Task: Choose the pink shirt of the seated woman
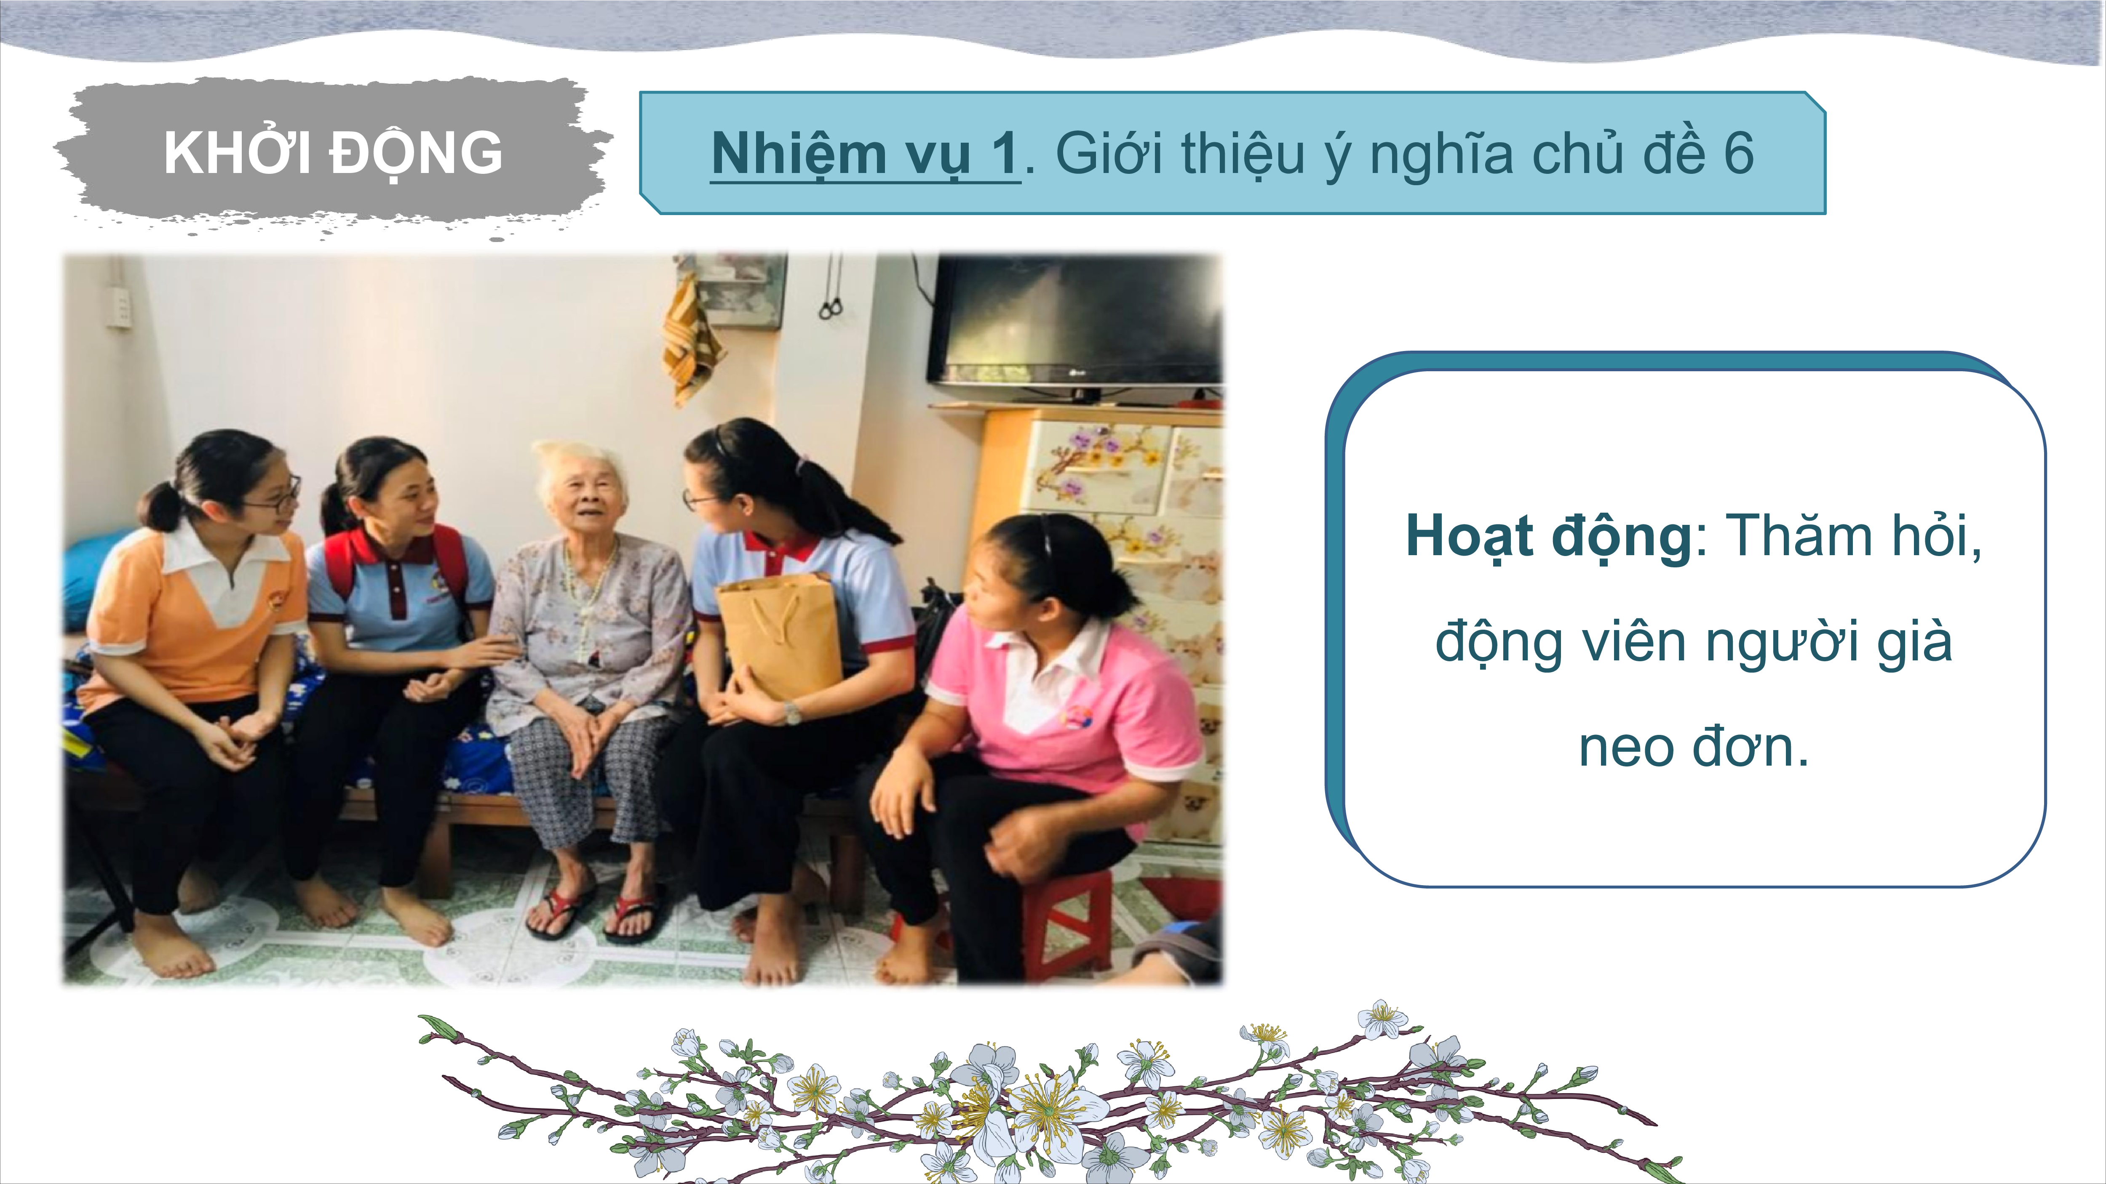tap(1063, 694)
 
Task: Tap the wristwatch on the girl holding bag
tap(791, 713)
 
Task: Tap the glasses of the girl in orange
tap(274, 495)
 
